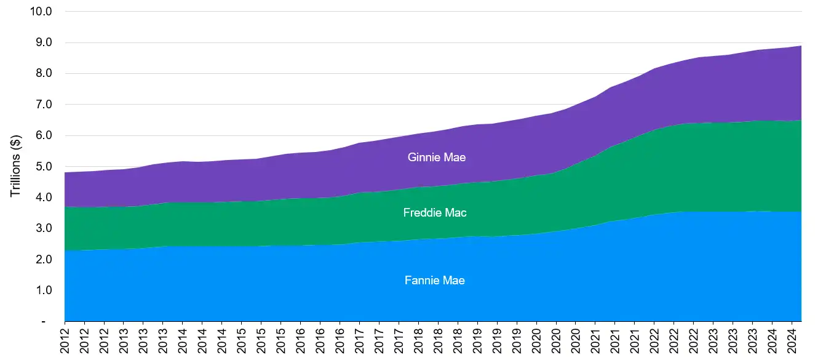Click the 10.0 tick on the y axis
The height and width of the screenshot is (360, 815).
tap(41, 12)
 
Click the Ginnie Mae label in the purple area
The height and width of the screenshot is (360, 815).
tap(436, 158)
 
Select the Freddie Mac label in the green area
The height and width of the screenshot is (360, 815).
tap(435, 213)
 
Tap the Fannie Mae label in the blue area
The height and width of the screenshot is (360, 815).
tap(435, 281)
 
